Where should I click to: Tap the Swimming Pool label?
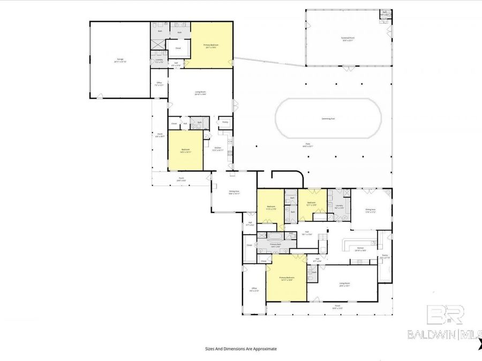click(328, 118)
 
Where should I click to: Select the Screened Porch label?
click(348, 39)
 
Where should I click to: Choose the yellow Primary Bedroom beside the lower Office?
click(287, 279)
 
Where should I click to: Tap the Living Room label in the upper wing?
click(200, 93)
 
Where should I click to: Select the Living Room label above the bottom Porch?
click(344, 285)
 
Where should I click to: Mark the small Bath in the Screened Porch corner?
click(385, 13)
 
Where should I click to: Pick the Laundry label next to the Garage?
click(159, 60)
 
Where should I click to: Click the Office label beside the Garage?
click(159, 83)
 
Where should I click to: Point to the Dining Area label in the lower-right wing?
click(370, 211)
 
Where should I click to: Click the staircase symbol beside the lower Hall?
click(323, 238)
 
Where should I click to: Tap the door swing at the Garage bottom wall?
click(99, 96)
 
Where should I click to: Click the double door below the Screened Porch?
click(348, 68)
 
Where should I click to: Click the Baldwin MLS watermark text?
click(445, 334)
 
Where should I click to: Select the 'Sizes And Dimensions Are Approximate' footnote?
click(241, 348)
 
